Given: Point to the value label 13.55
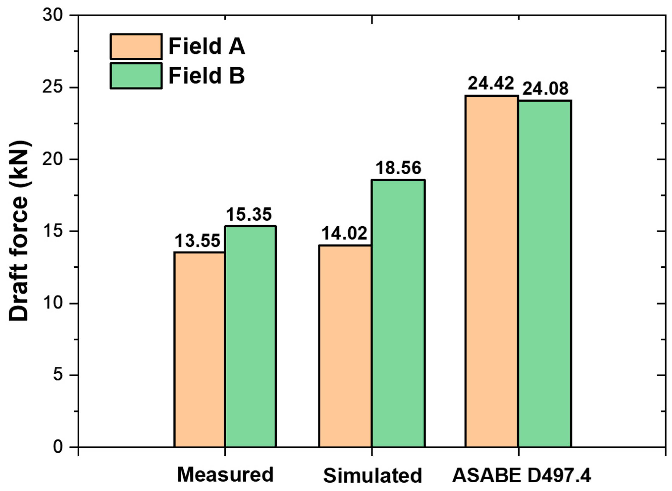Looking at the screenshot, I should (198, 241).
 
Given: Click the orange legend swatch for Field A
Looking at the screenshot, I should (136, 47).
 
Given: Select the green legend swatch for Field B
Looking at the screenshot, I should (136, 76).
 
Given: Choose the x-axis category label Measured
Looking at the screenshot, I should (225, 475).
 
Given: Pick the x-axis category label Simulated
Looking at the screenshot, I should (372, 476).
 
